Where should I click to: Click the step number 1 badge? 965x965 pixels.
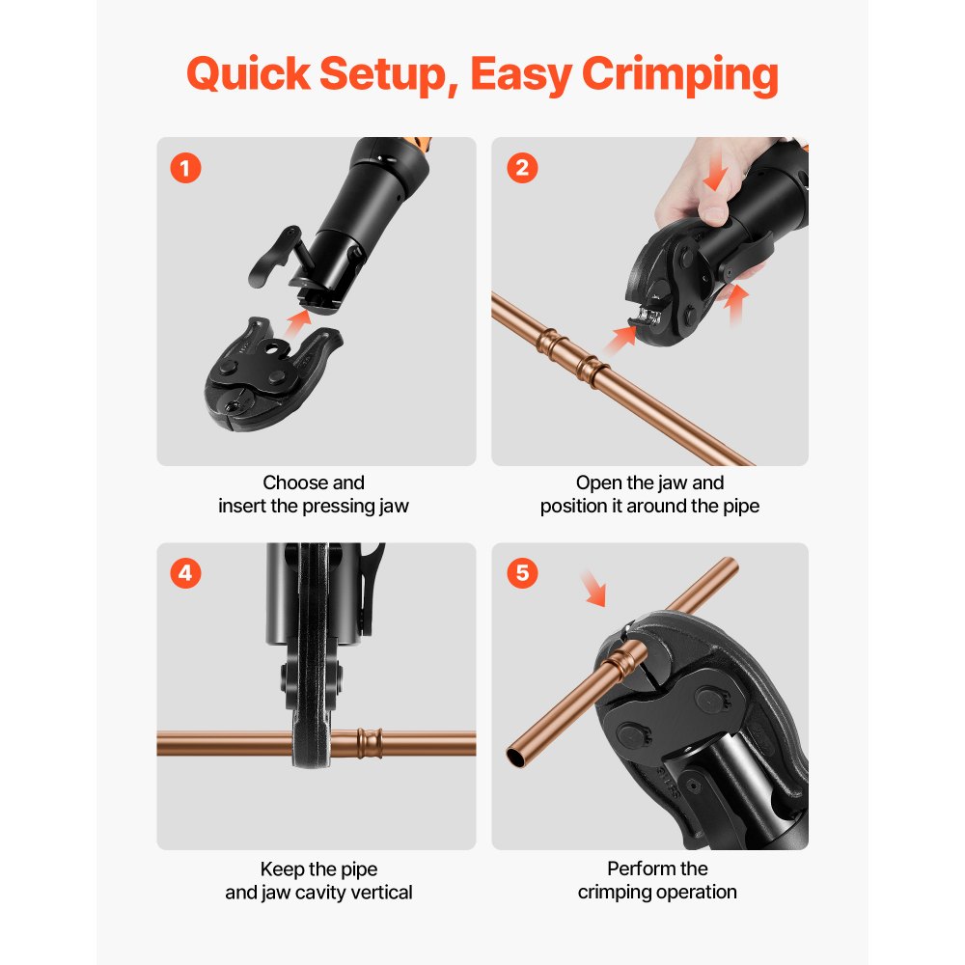[185, 168]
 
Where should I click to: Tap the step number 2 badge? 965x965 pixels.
[522, 168]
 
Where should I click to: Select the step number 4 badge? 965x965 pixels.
[185, 573]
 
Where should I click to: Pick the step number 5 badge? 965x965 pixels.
[522, 573]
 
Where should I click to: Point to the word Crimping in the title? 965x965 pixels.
[680, 75]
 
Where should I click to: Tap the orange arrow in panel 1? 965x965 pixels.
[302, 317]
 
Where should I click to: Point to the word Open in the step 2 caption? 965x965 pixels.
[597, 482]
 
